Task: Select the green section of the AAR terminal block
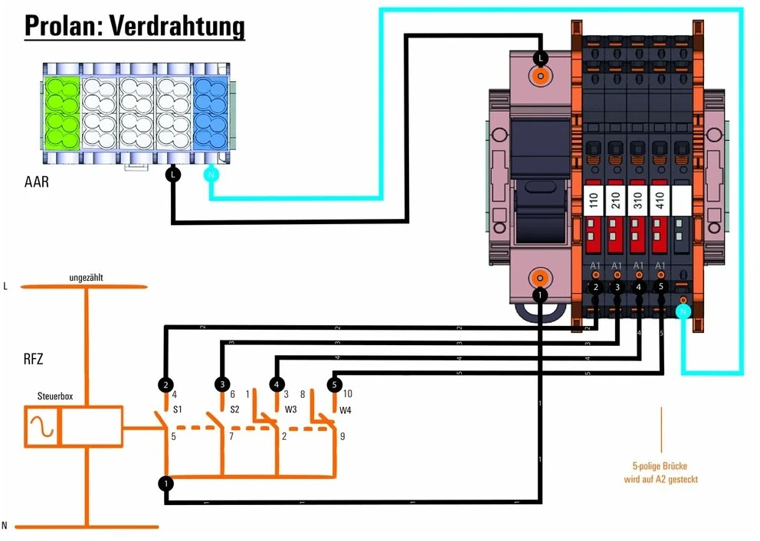pyautogui.click(x=61, y=112)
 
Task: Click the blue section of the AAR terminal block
pyautogui.click(x=208, y=112)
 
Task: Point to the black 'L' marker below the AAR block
pyautogui.click(x=174, y=175)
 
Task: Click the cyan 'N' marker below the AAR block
pyautogui.click(x=211, y=175)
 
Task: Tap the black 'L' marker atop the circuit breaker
pyautogui.click(x=541, y=57)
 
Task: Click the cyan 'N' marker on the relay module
pyautogui.click(x=683, y=311)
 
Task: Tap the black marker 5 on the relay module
pyautogui.click(x=661, y=286)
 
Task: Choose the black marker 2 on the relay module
pyautogui.click(x=595, y=287)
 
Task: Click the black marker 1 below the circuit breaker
pyautogui.click(x=541, y=295)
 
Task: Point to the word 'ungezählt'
pyautogui.click(x=85, y=278)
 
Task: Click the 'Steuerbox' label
pyautogui.click(x=56, y=397)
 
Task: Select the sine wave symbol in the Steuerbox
pyautogui.click(x=41, y=427)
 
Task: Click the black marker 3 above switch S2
pyautogui.click(x=222, y=383)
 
